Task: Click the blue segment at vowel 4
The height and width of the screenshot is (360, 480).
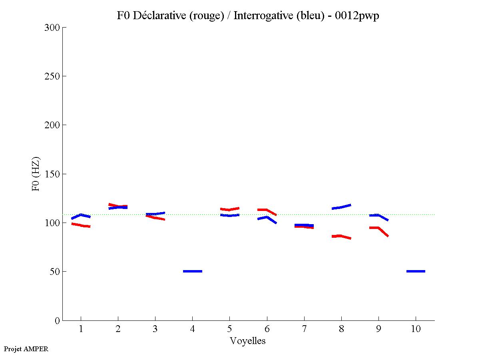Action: tap(193, 271)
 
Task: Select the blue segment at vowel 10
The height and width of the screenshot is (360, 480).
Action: tap(416, 271)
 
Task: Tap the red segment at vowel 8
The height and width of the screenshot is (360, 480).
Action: tap(341, 236)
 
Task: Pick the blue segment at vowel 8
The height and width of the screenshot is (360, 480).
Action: tap(341, 207)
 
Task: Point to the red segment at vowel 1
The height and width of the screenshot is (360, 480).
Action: tap(81, 225)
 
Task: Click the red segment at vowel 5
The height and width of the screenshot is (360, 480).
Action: tap(229, 209)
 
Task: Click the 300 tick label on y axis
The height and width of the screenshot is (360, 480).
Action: tap(52, 28)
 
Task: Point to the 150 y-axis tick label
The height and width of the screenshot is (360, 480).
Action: tap(52, 174)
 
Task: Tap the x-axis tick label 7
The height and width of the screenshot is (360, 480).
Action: tap(304, 329)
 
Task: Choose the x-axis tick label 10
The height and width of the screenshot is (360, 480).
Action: tap(416, 329)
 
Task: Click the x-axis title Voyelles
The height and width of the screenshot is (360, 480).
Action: tap(248, 341)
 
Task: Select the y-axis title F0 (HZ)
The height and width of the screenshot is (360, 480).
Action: tap(36, 174)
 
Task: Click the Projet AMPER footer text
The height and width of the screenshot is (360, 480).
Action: tap(26, 349)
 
